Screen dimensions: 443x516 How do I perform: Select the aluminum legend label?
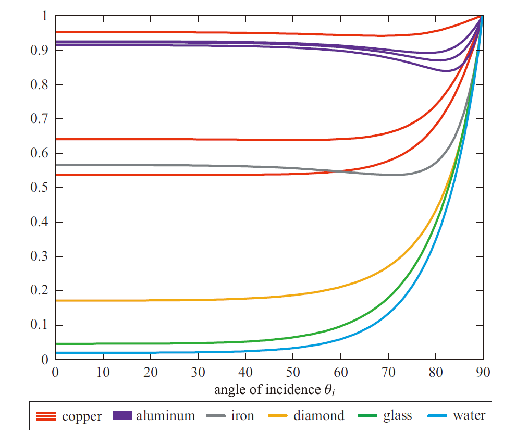pos(166,416)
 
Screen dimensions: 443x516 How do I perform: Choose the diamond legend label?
pos(319,416)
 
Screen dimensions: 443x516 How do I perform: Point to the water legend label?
pos(469,416)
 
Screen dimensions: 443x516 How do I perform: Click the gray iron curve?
pos(156,165)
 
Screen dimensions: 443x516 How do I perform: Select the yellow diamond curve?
pos(156,300)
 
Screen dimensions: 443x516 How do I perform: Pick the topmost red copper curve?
pos(156,32)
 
